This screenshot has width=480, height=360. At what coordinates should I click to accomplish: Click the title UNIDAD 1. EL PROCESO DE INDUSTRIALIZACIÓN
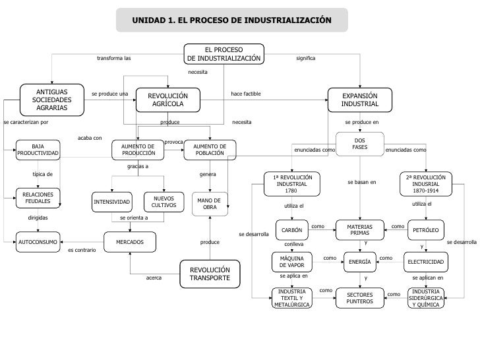(x=231, y=20)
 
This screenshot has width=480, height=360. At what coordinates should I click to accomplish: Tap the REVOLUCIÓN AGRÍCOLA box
(x=167, y=100)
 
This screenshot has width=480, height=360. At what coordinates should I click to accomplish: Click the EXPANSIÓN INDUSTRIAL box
(x=360, y=100)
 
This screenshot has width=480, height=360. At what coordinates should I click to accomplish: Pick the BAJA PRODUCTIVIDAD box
(x=38, y=150)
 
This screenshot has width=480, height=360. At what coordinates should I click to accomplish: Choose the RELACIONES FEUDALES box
(x=38, y=198)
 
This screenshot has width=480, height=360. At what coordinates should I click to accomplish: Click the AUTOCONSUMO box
(x=38, y=242)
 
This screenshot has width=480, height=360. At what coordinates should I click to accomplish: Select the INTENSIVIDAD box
(x=111, y=201)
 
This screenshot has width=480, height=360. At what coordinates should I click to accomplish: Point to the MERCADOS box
(x=130, y=242)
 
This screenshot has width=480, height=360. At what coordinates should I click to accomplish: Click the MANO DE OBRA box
(x=209, y=203)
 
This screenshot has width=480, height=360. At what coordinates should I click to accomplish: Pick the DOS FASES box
(x=359, y=143)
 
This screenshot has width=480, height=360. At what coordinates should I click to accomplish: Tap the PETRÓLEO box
(x=425, y=230)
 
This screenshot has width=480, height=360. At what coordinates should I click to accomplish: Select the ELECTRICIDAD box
(x=425, y=262)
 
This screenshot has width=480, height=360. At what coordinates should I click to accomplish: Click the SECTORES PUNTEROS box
(x=359, y=298)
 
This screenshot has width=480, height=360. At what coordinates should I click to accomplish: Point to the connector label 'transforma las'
(x=113, y=59)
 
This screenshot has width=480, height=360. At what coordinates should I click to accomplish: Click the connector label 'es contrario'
(x=82, y=251)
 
